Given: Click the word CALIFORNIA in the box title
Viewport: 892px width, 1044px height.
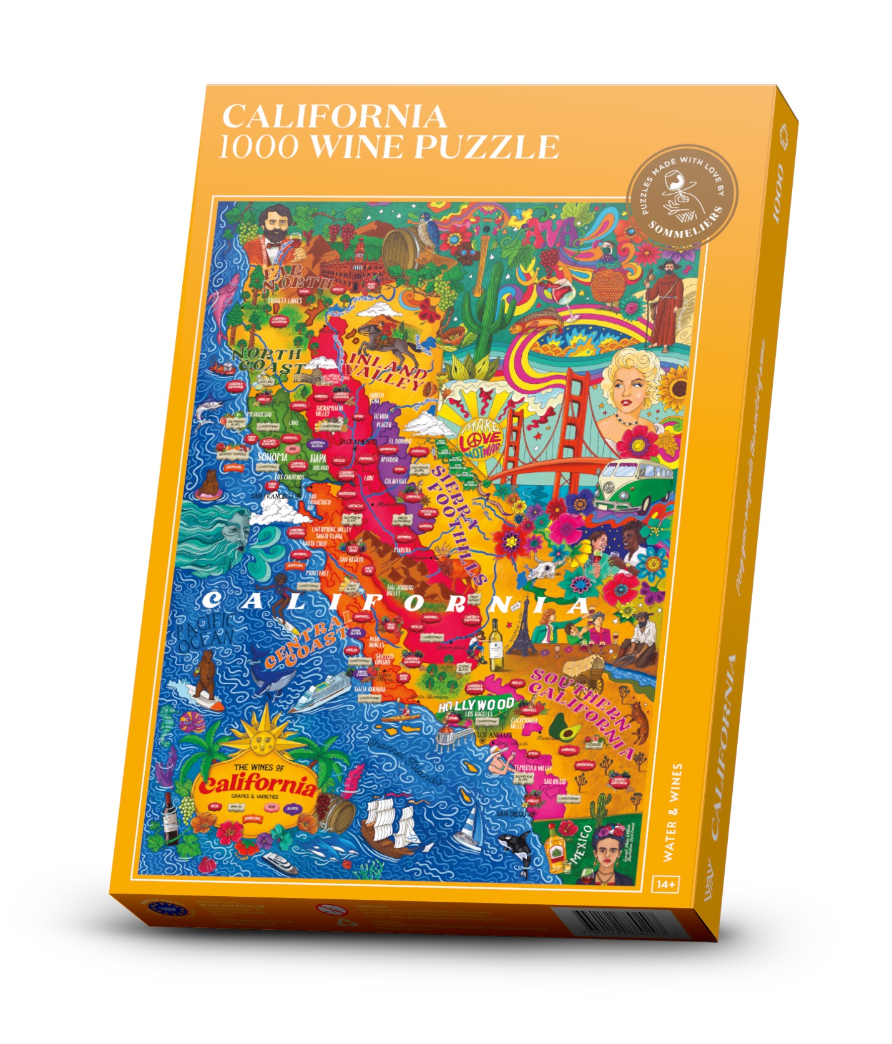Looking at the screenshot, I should click(335, 116).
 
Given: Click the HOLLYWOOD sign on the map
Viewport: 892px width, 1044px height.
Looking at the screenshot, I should click(476, 706).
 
